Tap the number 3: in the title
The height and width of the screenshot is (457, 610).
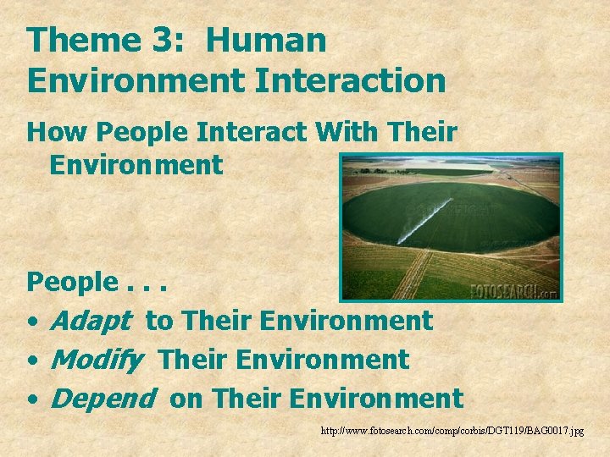[169, 41]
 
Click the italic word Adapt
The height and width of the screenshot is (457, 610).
[91, 322]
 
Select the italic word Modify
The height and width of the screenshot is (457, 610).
[97, 360]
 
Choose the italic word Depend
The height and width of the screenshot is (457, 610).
[103, 398]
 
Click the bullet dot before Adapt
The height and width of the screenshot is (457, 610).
[31, 322]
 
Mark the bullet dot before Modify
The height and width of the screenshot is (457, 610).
[31, 361]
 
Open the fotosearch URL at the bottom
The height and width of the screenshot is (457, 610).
[452, 432]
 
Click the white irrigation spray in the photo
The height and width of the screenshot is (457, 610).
[424, 222]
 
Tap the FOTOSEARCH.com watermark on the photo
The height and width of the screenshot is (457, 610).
[513, 290]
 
